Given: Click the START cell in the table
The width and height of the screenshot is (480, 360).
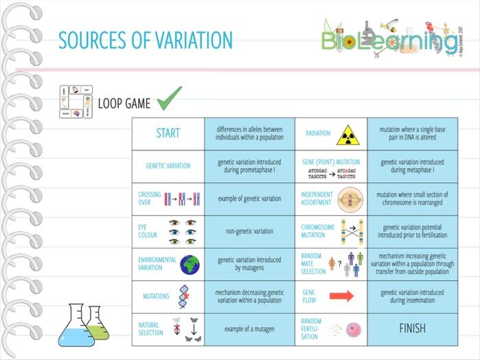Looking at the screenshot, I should tap(168, 133).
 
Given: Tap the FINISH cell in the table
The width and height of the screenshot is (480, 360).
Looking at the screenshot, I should tap(412, 328).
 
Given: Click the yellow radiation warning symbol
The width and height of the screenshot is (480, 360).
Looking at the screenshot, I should tap(347, 133).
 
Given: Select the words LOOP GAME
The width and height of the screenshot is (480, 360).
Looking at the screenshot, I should tap(124, 104).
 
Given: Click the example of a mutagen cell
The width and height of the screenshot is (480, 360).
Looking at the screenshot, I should tap(249, 329).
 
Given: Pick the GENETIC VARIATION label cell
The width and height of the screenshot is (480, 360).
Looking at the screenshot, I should tap(168, 166).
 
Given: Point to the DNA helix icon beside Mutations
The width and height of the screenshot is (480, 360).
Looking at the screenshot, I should tap(184, 296).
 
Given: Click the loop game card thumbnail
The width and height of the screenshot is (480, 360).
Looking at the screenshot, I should tap(76, 103).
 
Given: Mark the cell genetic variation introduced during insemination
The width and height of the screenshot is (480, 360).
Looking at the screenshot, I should tap(412, 296).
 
